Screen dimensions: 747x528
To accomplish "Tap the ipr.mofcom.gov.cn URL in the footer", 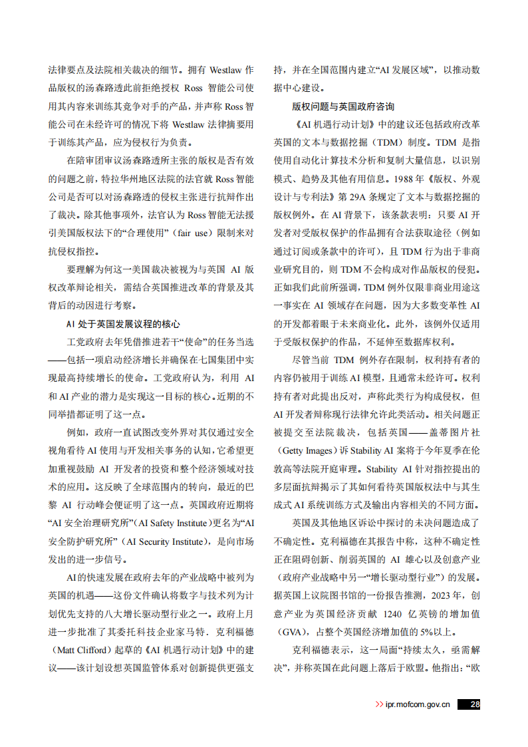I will (x=418, y=704).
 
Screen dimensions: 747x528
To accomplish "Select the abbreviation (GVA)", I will (x=293, y=630).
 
